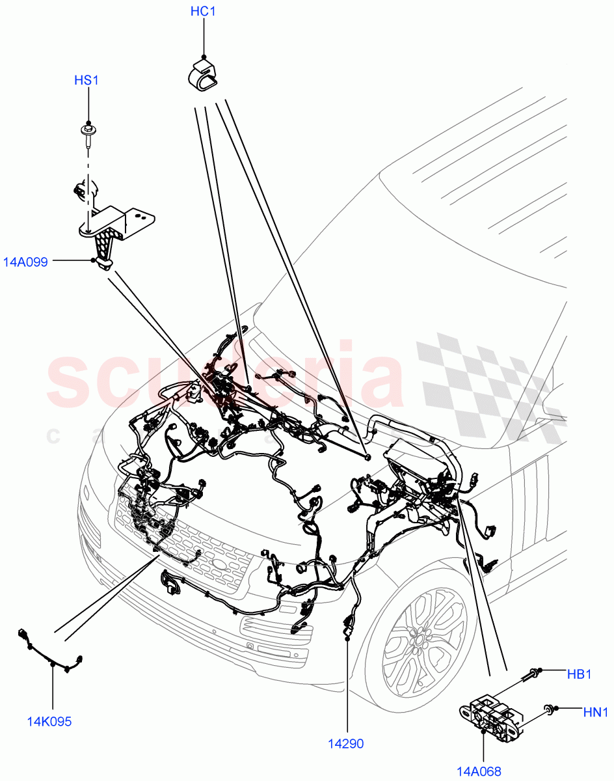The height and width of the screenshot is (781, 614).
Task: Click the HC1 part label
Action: [203, 12]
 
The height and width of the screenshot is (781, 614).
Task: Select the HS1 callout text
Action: [87, 81]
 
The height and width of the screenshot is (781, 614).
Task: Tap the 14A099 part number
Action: [25, 263]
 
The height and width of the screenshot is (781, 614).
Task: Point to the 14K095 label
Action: [49, 721]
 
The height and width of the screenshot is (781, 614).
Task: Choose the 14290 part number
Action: [346, 744]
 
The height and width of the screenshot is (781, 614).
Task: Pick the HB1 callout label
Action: [579, 674]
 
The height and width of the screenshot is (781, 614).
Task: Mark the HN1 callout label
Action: [595, 713]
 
